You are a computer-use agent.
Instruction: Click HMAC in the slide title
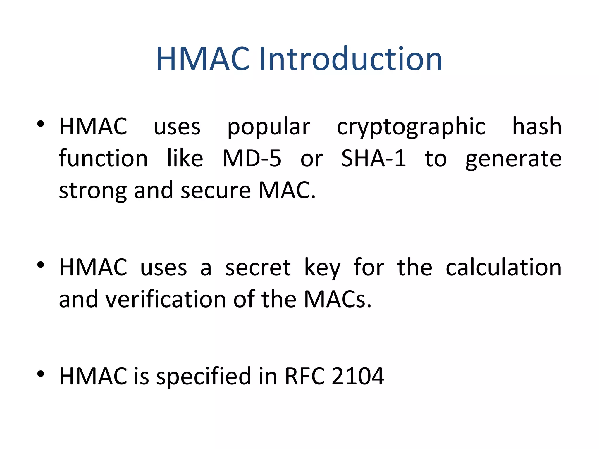point(203,59)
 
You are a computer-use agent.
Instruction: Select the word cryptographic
point(411,127)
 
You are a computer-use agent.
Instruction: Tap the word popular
point(268,127)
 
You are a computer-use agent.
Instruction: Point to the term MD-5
point(252,158)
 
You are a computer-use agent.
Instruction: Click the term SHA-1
point(373,158)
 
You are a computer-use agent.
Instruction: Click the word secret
point(258,267)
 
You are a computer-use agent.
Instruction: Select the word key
point(322,267)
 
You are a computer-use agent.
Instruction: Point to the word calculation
point(503,267)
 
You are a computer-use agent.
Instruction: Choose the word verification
point(166,299)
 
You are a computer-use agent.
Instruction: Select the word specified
point(204,376)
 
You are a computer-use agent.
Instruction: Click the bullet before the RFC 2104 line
point(41,374)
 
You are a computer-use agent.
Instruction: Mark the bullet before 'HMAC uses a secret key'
point(41,265)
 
